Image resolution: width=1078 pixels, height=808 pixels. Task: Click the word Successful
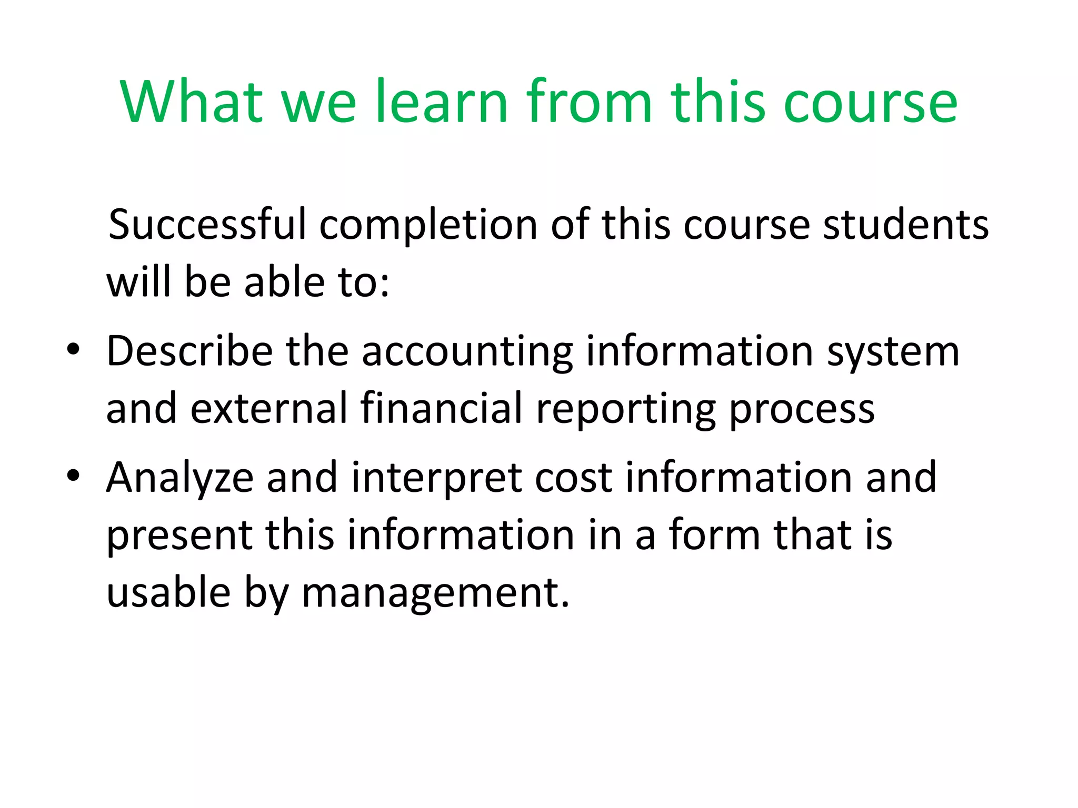click(207, 225)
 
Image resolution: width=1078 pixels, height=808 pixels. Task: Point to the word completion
click(428, 226)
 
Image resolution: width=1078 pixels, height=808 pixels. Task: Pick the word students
click(905, 225)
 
